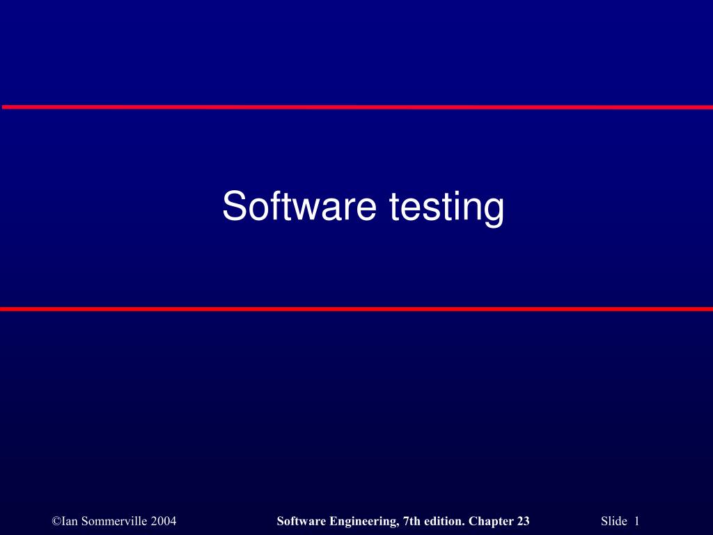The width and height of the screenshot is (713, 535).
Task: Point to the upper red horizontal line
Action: pyautogui.click(x=356, y=107)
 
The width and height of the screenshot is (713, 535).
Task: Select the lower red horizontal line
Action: pyautogui.click(x=356, y=309)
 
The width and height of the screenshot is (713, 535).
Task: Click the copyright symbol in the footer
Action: pyautogui.click(x=56, y=522)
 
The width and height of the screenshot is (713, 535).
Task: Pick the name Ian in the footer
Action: pyautogui.click(x=69, y=522)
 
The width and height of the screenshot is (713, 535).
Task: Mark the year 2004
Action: pyautogui.click(x=164, y=522)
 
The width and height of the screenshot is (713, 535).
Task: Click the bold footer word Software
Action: pyautogui.click(x=300, y=522)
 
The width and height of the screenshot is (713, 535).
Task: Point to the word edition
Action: pyautogui.click(x=444, y=522)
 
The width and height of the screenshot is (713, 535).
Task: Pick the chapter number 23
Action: pyautogui.click(x=523, y=522)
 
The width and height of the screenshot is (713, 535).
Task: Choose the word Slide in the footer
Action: pyautogui.click(x=613, y=522)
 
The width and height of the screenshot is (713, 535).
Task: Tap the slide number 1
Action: pyautogui.click(x=636, y=522)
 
